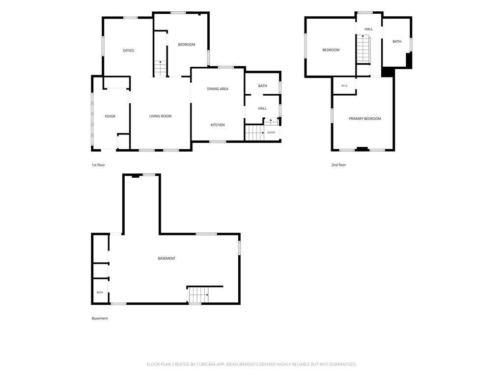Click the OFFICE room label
click(128, 51)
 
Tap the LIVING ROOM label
click(161, 116)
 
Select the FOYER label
click(110, 116)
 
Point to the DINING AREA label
click(218, 89)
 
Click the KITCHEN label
click(218, 125)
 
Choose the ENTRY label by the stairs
click(271, 133)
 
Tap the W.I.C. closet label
click(344, 85)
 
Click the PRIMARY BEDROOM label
click(365, 119)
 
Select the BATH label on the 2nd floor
click(397, 41)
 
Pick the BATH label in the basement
click(100, 293)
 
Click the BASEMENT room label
click(167, 258)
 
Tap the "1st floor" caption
click(98, 165)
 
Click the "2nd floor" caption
click(338, 165)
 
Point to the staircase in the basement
click(199, 295)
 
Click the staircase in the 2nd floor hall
click(364, 49)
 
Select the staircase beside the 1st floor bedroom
click(161, 68)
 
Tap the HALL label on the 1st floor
click(262, 108)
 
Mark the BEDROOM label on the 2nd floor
click(331, 50)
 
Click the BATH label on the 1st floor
click(262, 85)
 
